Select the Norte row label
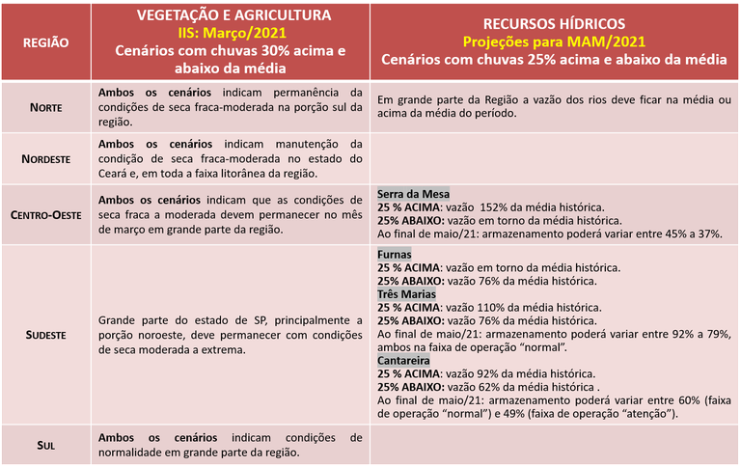44,107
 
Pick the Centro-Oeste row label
44,213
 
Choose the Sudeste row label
44,334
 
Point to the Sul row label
44,446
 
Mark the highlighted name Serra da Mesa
413,194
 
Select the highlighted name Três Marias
406,294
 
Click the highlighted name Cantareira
403,361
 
